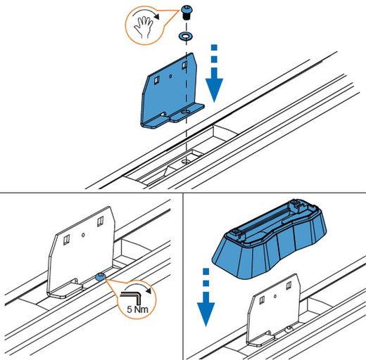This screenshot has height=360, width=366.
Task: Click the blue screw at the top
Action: [x=187, y=13]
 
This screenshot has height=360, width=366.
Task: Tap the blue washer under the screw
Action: [x=187, y=36]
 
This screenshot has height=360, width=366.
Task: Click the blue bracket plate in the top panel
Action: [x=170, y=91]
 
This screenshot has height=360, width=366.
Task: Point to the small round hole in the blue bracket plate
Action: [x=170, y=76]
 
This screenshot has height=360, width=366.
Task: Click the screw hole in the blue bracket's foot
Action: [x=187, y=112]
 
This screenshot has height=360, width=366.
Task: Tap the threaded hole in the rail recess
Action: [x=187, y=161]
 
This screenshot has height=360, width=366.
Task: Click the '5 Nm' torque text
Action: [x=137, y=309]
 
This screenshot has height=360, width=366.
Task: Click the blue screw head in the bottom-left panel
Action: [x=101, y=276]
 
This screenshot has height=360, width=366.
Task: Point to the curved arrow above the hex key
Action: [x=139, y=286]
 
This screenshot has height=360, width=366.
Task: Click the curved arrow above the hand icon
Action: [x=146, y=13]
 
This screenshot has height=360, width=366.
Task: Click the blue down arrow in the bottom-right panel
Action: [x=206, y=297]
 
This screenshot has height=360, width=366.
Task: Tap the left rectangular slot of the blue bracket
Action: [x=156, y=80]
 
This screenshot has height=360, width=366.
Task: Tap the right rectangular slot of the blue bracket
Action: [x=185, y=65]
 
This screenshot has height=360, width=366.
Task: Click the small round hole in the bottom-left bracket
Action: [x=83, y=235]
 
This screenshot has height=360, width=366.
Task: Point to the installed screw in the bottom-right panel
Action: [x=289, y=329]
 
